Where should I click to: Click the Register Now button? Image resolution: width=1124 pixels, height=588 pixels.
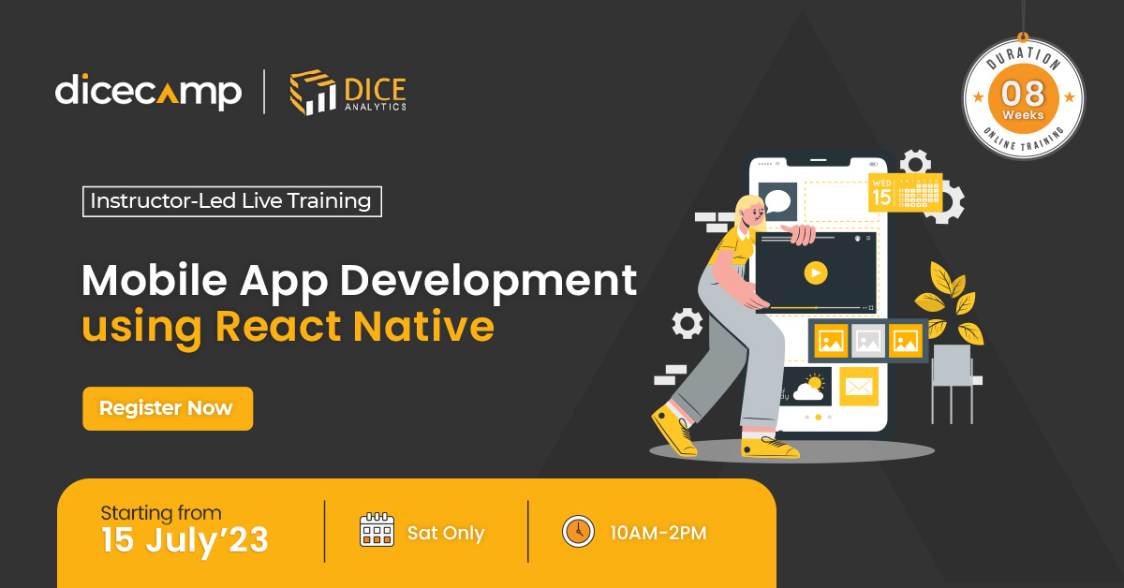point(168,408)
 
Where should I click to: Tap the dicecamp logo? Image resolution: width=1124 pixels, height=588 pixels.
point(149,92)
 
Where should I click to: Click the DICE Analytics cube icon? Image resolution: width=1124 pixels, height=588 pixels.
point(313,92)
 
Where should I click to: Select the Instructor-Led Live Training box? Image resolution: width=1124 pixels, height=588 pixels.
point(232,201)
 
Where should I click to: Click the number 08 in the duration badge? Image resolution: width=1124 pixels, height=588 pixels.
point(1023,94)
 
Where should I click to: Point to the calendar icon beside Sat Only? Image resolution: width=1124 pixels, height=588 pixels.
point(377,529)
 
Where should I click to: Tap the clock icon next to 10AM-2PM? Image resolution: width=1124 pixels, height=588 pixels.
point(578,531)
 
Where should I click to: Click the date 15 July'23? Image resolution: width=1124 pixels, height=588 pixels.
point(185,540)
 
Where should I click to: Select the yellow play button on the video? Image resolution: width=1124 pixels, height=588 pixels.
point(816,272)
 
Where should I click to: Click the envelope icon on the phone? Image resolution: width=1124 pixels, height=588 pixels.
point(859,387)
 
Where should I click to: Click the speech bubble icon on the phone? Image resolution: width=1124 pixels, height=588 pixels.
point(777,201)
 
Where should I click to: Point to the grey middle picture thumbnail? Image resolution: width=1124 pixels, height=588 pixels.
point(868,341)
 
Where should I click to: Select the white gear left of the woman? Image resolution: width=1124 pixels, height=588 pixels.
point(687,324)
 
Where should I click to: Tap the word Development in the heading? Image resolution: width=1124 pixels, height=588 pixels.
point(488,282)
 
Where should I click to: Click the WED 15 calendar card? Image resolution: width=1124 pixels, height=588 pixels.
point(905,193)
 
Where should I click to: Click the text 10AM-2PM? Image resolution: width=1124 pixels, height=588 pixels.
point(658,533)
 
